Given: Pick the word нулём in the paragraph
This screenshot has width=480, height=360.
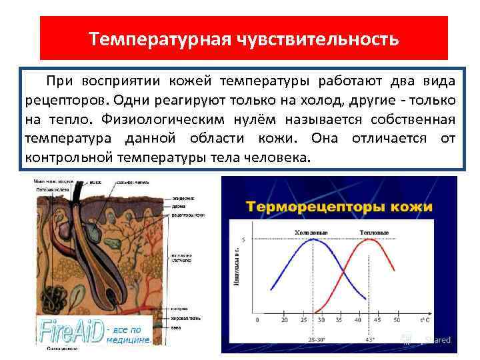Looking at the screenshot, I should point(254,119).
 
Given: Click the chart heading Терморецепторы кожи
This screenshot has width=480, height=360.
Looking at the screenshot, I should point(340,206).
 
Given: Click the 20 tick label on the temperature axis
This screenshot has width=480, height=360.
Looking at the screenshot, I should point(285,320).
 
